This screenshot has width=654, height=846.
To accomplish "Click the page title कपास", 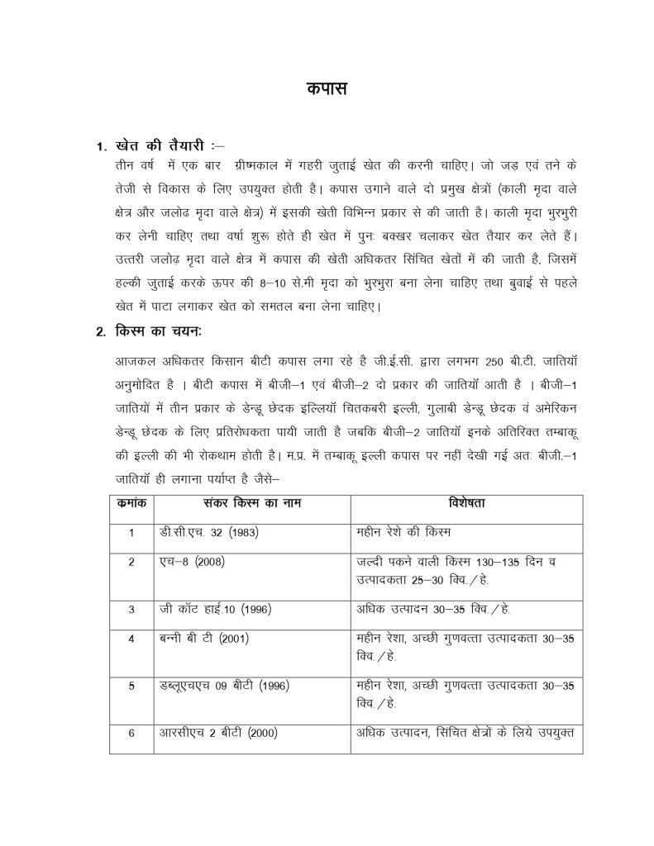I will pos(327,88).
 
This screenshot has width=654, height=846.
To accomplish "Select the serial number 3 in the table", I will pos(131,610).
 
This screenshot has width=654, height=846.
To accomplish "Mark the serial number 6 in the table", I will pos(131,733).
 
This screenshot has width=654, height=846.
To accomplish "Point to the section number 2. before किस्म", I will pos(100,333).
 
